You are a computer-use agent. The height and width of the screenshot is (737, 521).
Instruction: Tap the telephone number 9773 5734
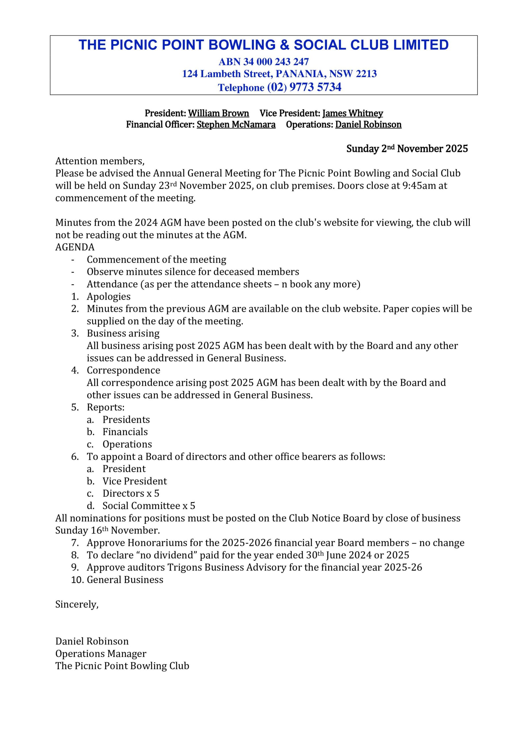coord(315,87)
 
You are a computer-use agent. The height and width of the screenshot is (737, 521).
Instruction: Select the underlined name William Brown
coord(218,113)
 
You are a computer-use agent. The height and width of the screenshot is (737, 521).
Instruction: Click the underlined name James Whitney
coord(353,113)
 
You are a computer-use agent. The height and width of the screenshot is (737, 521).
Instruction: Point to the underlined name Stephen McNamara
coord(236,125)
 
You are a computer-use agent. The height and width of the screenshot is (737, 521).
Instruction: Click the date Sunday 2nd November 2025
coord(407,149)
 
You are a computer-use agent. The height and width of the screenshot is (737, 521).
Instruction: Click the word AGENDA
coord(75,247)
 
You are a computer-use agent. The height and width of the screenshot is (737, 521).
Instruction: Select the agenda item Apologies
coord(108,297)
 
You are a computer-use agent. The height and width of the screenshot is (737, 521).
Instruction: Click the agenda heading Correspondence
coord(123,370)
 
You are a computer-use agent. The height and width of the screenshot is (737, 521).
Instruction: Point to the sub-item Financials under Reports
coord(125,432)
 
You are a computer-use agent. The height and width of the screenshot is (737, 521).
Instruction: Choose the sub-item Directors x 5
coord(131,493)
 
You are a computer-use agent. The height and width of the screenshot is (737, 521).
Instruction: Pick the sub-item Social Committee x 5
coord(149,506)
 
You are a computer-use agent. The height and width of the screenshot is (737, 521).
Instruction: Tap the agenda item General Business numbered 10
coord(125,580)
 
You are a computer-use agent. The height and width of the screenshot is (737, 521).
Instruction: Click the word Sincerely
coord(77,605)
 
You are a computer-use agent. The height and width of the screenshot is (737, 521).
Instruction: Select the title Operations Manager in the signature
coord(101,654)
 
